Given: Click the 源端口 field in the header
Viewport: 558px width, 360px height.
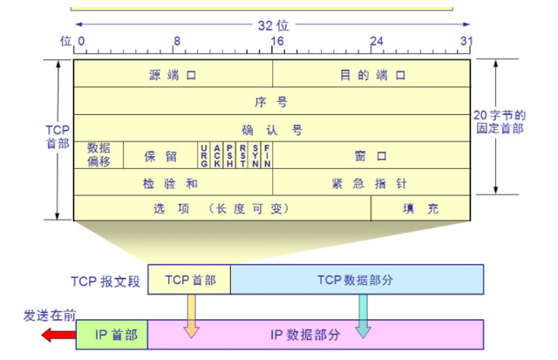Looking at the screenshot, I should coord(173,75).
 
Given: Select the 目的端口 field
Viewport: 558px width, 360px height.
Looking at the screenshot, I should coord(372,75).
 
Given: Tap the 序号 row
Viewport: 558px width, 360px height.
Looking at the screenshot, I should coord(272,102).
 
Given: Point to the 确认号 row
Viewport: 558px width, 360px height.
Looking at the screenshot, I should coord(272,130).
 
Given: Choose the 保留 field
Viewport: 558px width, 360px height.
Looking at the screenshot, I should coord(160,157).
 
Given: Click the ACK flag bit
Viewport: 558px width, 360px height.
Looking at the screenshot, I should coord(217,157).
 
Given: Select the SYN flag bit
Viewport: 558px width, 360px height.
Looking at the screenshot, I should coord(255,157).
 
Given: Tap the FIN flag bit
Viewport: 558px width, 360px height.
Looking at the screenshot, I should coord(267,157).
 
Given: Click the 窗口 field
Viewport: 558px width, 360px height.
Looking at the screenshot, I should coord(372,157).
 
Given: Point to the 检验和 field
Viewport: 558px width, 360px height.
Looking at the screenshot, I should coord(173,184).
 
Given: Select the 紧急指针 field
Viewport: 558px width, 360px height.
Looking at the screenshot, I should coord(372,184).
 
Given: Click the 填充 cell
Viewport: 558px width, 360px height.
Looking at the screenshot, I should coord(421,209).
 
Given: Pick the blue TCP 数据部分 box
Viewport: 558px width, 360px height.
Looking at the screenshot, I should coord(356,279).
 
